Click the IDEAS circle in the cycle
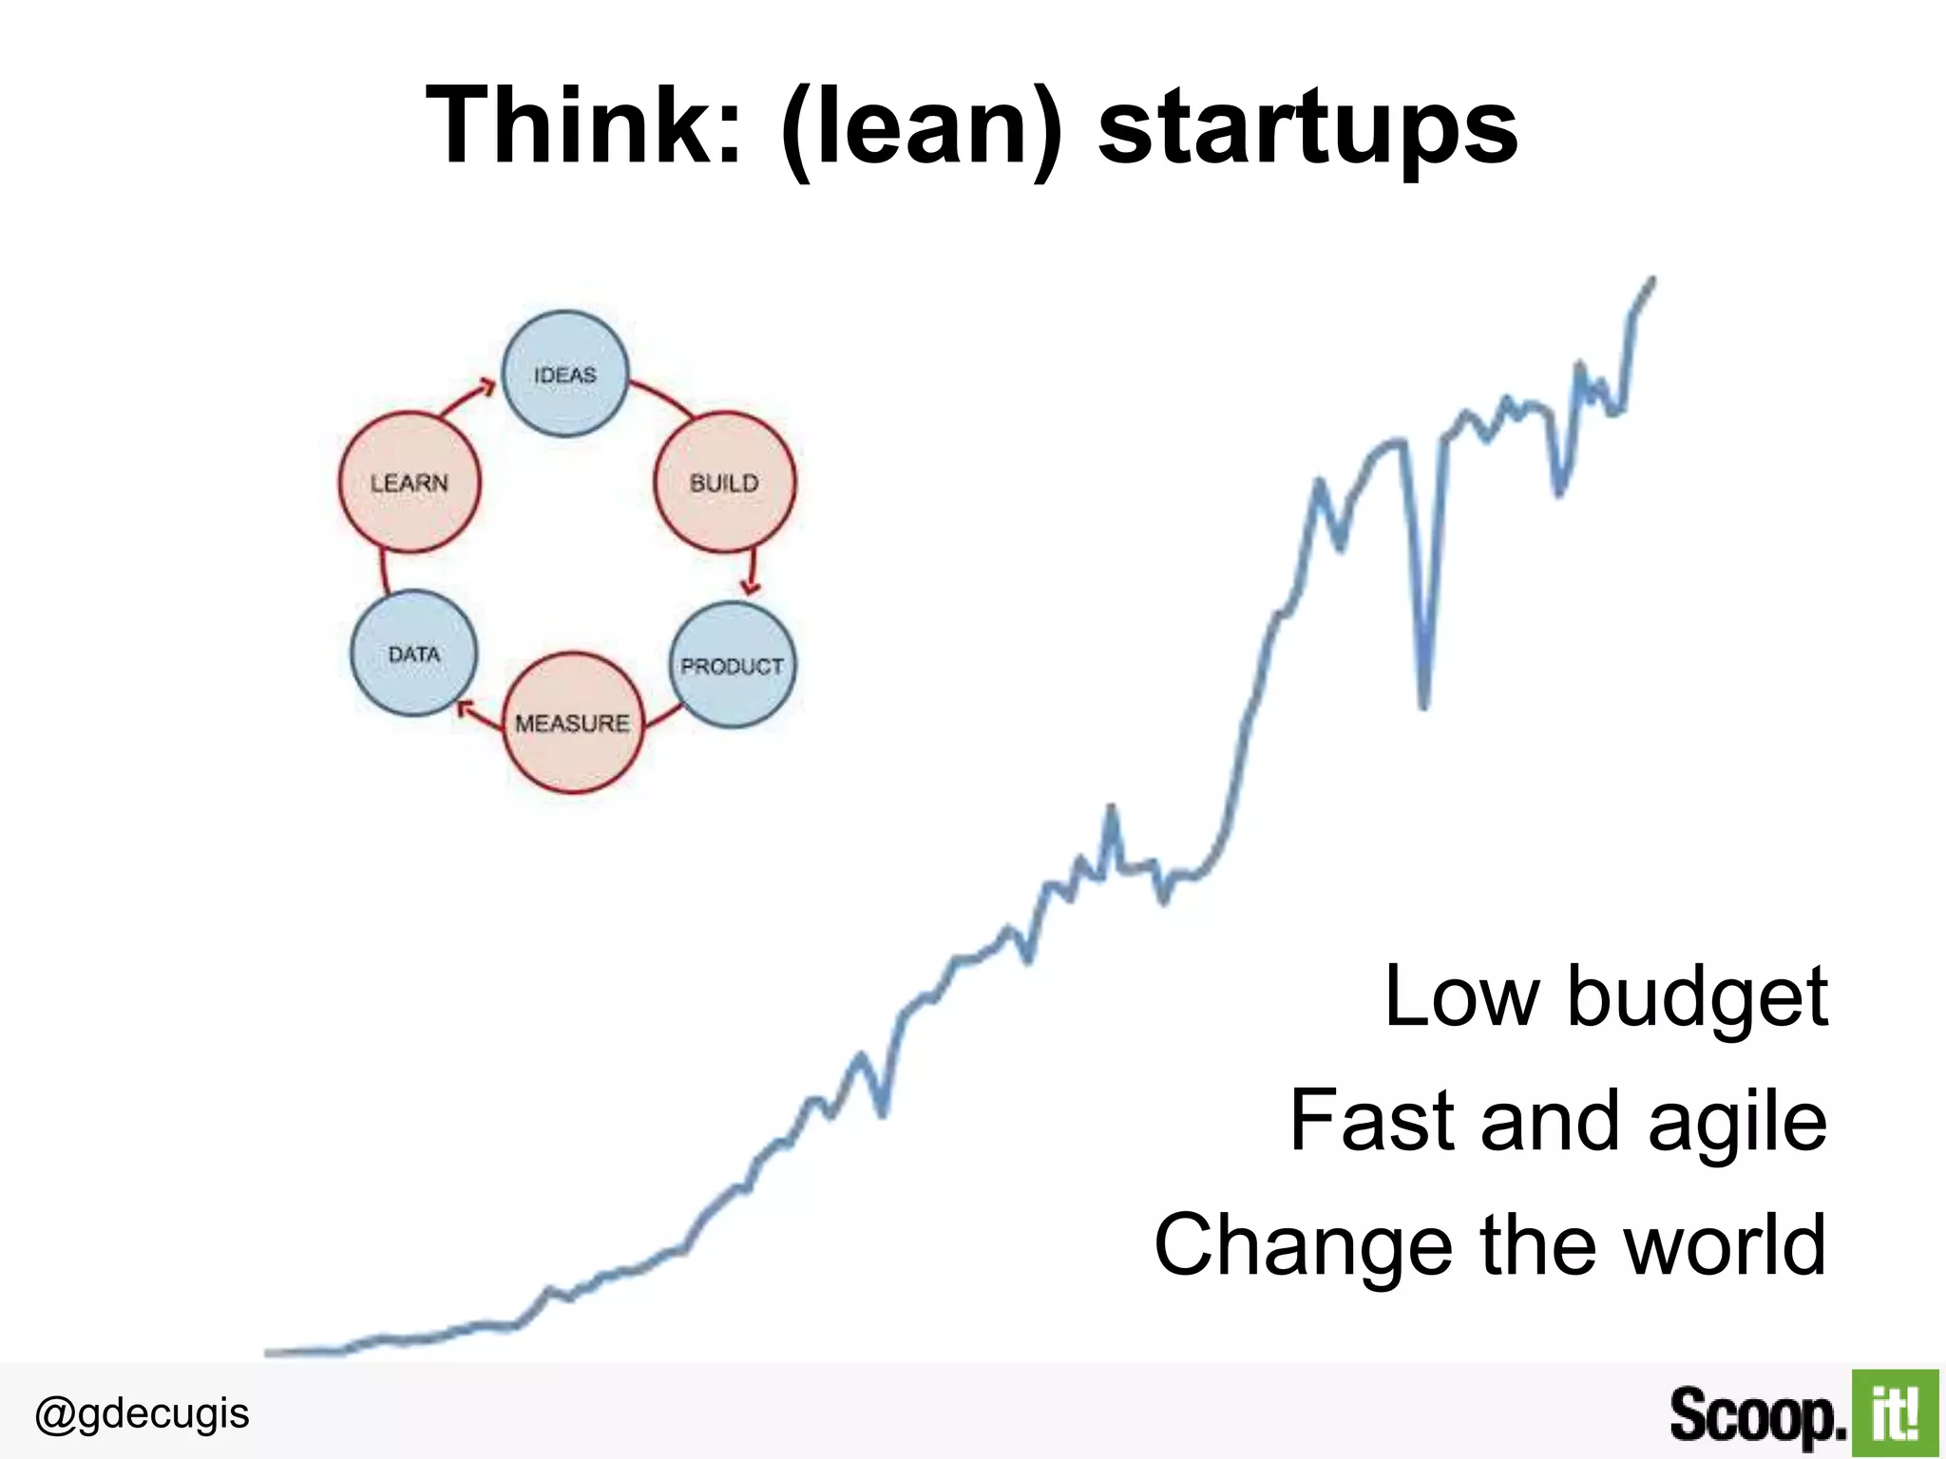point(564,374)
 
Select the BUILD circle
point(724,482)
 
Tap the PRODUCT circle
point(732,665)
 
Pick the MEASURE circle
point(572,723)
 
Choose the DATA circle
point(413,654)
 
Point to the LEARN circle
point(410,482)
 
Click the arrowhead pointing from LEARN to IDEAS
point(487,386)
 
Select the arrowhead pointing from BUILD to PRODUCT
point(752,588)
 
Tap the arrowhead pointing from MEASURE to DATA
point(464,707)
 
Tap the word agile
point(1737,1121)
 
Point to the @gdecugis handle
point(142,1413)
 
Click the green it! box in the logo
point(1894,1412)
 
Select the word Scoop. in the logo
point(1757,1415)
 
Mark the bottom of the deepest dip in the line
point(1423,705)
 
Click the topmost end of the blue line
point(1652,280)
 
